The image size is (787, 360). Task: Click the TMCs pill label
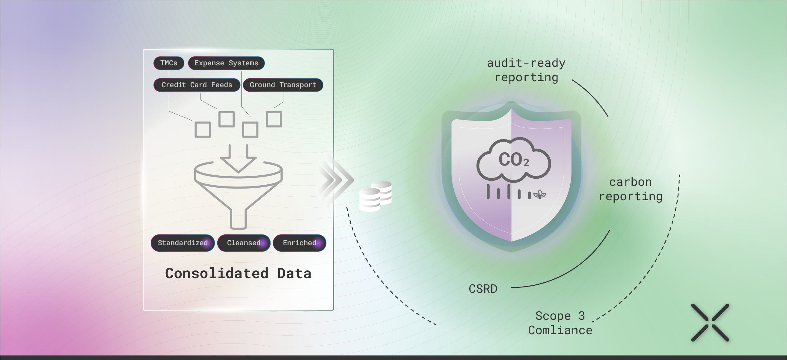(x=169, y=63)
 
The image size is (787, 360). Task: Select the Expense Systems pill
(x=226, y=63)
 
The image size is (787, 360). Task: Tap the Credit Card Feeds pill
(x=197, y=85)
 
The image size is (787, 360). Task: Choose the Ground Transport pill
(x=283, y=85)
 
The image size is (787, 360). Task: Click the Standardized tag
(x=183, y=243)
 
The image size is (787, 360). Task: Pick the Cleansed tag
(x=244, y=243)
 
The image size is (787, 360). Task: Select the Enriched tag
(x=299, y=243)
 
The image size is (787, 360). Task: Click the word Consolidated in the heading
(x=217, y=273)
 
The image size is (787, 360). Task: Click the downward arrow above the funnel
(x=238, y=159)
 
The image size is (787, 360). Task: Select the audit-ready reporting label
(x=526, y=70)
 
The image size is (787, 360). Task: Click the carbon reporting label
(x=631, y=189)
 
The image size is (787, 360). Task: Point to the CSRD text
(x=483, y=289)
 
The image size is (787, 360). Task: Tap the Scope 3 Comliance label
(x=560, y=323)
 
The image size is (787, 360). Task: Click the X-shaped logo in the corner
(x=710, y=323)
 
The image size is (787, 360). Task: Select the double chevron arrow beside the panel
(x=336, y=180)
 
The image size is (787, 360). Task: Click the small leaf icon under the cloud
(x=540, y=194)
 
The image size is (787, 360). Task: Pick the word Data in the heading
(x=294, y=273)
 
